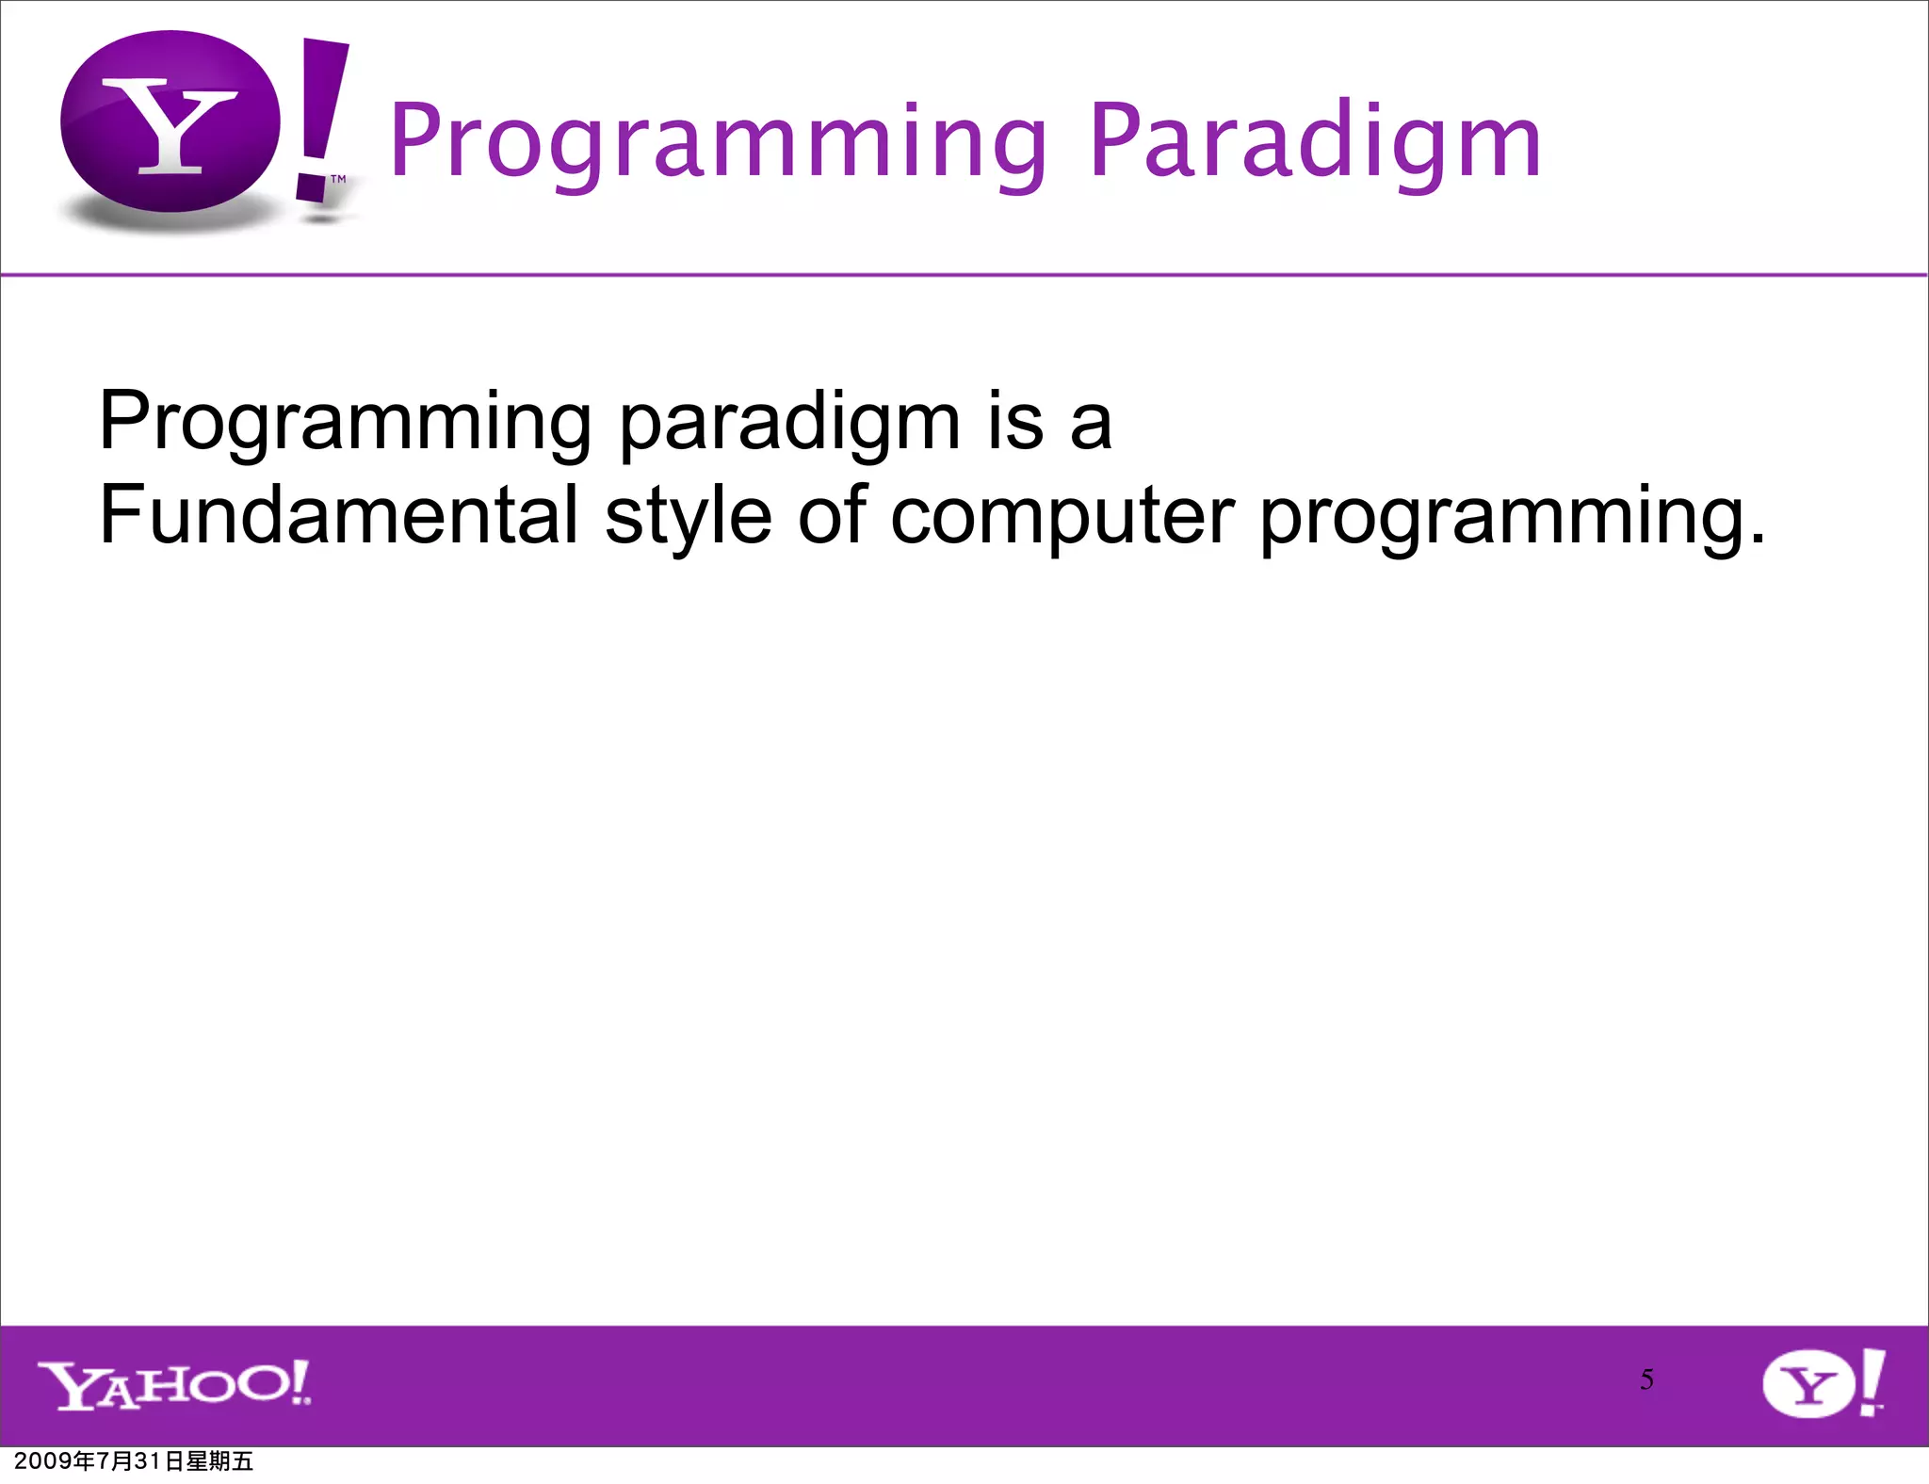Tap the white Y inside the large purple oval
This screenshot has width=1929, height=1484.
pyautogui.click(x=170, y=127)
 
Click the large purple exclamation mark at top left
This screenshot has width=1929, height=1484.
pyautogui.click(x=320, y=118)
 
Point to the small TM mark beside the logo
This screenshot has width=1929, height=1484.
pyautogui.click(x=338, y=179)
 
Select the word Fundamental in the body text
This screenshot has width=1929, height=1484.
pyautogui.click(x=338, y=515)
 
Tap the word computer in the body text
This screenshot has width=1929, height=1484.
pyautogui.click(x=1062, y=517)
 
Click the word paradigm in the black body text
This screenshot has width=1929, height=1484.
pyautogui.click(x=789, y=423)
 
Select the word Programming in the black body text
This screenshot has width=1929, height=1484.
pyautogui.click(x=345, y=423)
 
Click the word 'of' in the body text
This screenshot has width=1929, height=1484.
pyautogui.click(x=832, y=515)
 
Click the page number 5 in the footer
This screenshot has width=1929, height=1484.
pyautogui.click(x=1646, y=1379)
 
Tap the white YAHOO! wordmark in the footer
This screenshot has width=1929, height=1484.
pyautogui.click(x=174, y=1385)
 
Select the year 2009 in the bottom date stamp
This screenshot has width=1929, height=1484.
pyautogui.click(x=42, y=1461)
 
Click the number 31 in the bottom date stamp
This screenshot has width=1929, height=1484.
pyautogui.click(x=148, y=1461)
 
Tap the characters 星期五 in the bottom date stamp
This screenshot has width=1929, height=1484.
pyautogui.click(x=219, y=1461)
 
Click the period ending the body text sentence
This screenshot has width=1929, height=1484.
pyautogui.click(x=1758, y=540)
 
